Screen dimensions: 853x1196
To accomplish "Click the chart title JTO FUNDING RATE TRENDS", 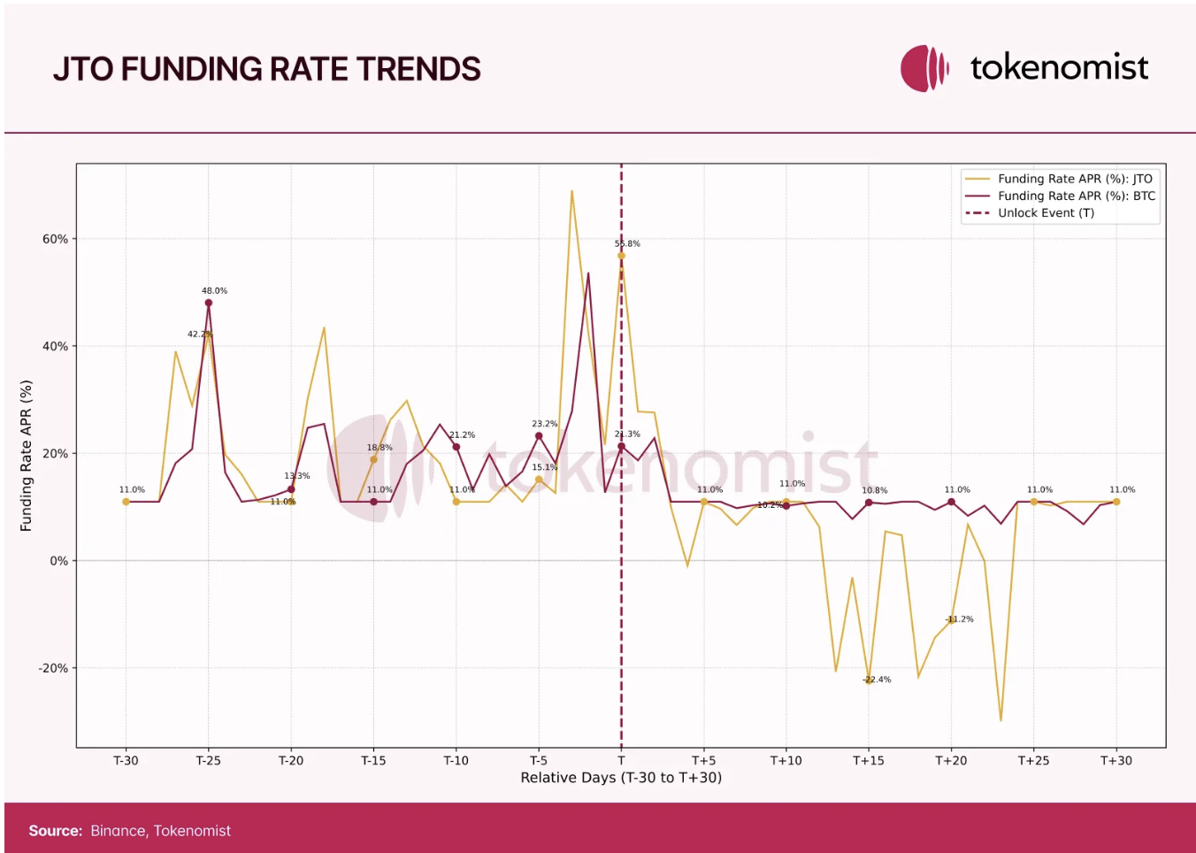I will tap(266, 69).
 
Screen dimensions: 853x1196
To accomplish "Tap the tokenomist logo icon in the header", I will tap(924, 68).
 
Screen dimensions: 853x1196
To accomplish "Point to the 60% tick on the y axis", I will tap(55, 239).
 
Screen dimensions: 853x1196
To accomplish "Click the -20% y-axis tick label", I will tap(53, 668).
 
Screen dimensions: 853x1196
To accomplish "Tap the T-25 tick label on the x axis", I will tap(208, 760).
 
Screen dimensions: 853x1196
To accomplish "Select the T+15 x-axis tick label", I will tap(868, 760).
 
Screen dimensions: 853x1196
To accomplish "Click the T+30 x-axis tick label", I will tap(1115, 760).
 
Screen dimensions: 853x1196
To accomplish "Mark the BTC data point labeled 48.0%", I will tap(209, 303).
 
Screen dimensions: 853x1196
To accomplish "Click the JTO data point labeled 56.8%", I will tap(621, 256).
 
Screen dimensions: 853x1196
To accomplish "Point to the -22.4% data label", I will tap(877, 680).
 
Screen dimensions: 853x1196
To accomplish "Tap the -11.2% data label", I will tap(959, 619).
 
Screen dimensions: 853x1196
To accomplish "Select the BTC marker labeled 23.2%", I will tap(539, 435).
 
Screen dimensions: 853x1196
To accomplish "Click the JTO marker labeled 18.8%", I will tap(373, 459).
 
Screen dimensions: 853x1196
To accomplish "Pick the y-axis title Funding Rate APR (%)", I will tap(26, 456).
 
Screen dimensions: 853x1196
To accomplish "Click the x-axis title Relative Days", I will tap(620, 777).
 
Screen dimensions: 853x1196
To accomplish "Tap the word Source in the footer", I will tap(55, 831).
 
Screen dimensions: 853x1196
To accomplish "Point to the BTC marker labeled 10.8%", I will tap(869, 503).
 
